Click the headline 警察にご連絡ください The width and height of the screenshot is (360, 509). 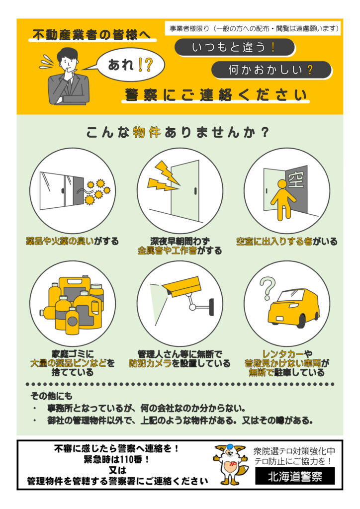click(x=216, y=94)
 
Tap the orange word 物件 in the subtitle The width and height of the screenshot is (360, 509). click(x=147, y=133)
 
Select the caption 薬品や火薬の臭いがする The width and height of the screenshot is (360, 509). click(x=73, y=242)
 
